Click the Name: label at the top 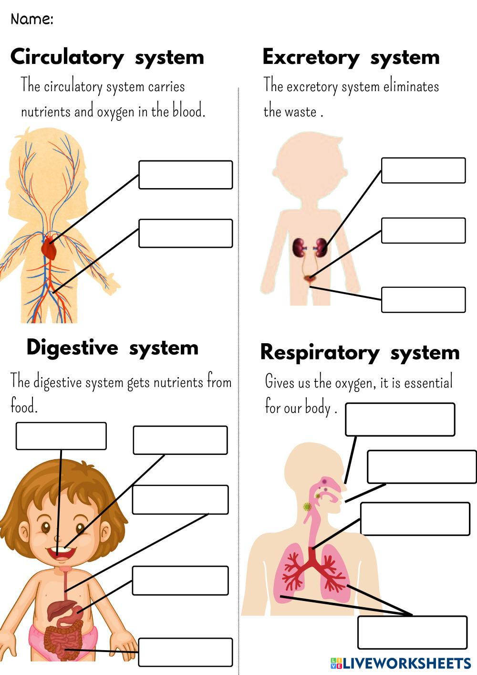(31, 19)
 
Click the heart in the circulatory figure (49, 249)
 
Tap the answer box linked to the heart (186, 175)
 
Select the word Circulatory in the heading (67, 57)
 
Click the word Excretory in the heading (311, 57)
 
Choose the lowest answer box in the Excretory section (423, 300)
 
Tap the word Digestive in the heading (72, 347)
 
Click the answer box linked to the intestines (186, 652)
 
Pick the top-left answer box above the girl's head (61, 436)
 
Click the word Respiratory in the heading (320, 353)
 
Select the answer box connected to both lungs (412, 633)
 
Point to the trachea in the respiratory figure (312, 530)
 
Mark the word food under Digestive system (23, 407)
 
